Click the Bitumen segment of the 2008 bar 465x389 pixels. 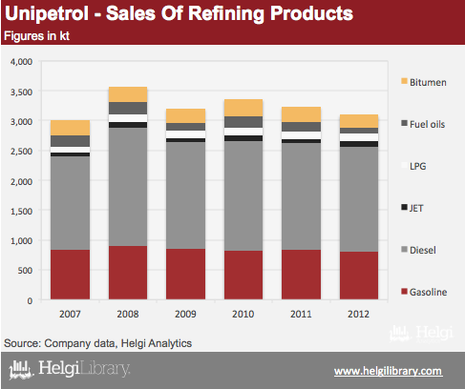pos(128,94)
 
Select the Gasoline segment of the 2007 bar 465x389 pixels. pos(70,275)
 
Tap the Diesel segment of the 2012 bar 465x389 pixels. pos(359,199)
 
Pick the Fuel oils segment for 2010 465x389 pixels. pos(243,122)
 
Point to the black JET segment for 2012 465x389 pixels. pos(359,144)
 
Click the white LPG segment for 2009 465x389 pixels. pos(185,134)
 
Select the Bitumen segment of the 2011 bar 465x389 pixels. pos(301,114)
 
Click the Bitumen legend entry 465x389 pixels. pos(424,82)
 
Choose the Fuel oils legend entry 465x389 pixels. pos(423,124)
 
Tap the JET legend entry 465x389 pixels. pos(412,208)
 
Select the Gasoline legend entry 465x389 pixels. pos(424,292)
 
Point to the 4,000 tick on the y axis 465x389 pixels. pos(22,61)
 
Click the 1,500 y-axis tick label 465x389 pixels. pos(22,211)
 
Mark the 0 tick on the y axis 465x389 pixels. pos(30,300)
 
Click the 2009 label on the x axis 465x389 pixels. pos(185,314)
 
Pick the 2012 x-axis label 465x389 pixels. pos(359,314)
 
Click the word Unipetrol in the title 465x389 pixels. pos(47,13)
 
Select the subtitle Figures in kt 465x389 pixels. pos(36,36)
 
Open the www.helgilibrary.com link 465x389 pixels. pos(388,371)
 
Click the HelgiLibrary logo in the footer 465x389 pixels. pos(70,369)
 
